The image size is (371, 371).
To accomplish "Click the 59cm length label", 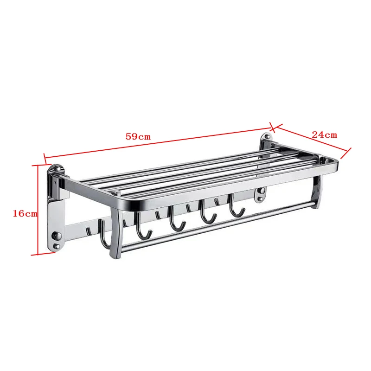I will tap(138, 136).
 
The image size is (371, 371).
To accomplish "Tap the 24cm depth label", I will tap(324, 135).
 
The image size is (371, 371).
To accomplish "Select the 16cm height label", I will tap(25, 213).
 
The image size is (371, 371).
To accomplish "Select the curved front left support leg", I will tap(115, 234).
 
